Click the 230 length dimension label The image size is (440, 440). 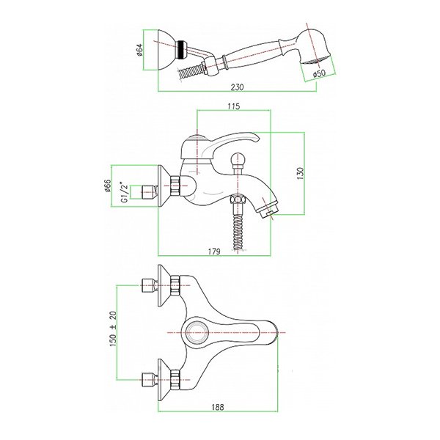pos(237,87)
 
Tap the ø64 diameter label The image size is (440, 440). pos(140,50)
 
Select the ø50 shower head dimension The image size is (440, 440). pos(319,74)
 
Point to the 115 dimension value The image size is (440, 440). pos(234,106)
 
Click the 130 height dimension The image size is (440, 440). pos(300,173)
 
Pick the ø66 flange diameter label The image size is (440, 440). pos(108,186)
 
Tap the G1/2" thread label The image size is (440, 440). pos(125,193)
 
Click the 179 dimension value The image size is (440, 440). pos(214,252)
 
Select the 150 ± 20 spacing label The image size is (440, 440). pos(113,329)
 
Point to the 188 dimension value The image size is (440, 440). pos(218,407)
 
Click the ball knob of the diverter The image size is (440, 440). pos(238,158)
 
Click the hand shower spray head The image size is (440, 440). pos(313,46)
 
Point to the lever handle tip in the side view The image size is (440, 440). pos(257,138)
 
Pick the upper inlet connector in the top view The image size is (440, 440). pos(148,285)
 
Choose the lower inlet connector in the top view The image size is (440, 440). pos(148,380)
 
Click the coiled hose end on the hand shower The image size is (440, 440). pos(190,72)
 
